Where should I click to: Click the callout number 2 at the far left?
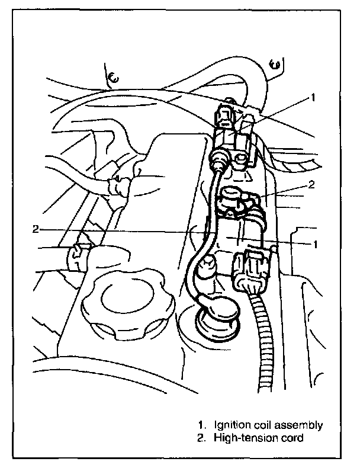(x=36, y=228)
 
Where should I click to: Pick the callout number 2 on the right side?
(x=311, y=184)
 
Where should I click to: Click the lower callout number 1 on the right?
(x=316, y=243)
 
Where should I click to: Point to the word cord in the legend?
(x=292, y=438)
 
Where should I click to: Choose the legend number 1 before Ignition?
(x=202, y=425)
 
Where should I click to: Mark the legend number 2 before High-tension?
(x=202, y=438)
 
